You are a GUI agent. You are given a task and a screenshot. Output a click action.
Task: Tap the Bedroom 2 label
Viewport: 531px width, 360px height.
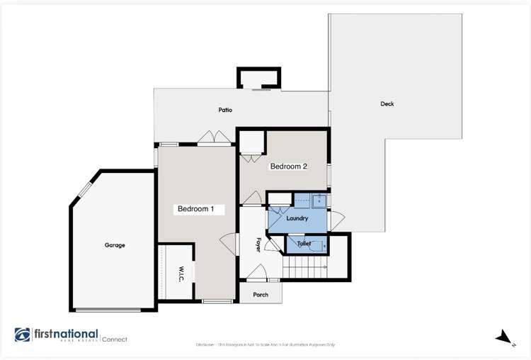(x=288, y=167)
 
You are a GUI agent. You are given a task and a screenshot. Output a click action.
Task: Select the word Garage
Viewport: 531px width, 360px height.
(x=115, y=245)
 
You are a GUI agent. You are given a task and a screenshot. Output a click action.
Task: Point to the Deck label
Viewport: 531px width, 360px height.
(x=387, y=104)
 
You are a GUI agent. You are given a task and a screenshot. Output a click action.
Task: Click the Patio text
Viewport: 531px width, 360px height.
(x=225, y=110)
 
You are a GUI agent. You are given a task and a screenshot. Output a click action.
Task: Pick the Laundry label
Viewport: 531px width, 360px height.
(x=297, y=218)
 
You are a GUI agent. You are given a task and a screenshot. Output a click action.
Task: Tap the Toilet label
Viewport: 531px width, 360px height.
(x=304, y=243)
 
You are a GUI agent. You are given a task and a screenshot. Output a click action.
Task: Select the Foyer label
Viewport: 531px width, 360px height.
(x=258, y=244)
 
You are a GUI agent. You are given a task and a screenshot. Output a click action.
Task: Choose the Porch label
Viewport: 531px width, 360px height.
(x=261, y=294)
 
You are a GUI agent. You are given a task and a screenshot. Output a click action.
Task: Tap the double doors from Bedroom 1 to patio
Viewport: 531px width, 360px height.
(x=207, y=137)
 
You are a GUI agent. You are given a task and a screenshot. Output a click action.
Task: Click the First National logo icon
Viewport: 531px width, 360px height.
(x=23, y=335)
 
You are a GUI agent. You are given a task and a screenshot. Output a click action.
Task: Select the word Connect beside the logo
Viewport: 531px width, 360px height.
(x=115, y=339)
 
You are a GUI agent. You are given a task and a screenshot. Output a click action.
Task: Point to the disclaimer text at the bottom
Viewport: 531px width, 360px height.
(x=265, y=345)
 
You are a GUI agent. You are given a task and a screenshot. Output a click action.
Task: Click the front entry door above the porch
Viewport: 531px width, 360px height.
(x=255, y=273)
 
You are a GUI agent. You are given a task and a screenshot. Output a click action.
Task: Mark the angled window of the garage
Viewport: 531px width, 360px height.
(x=85, y=190)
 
